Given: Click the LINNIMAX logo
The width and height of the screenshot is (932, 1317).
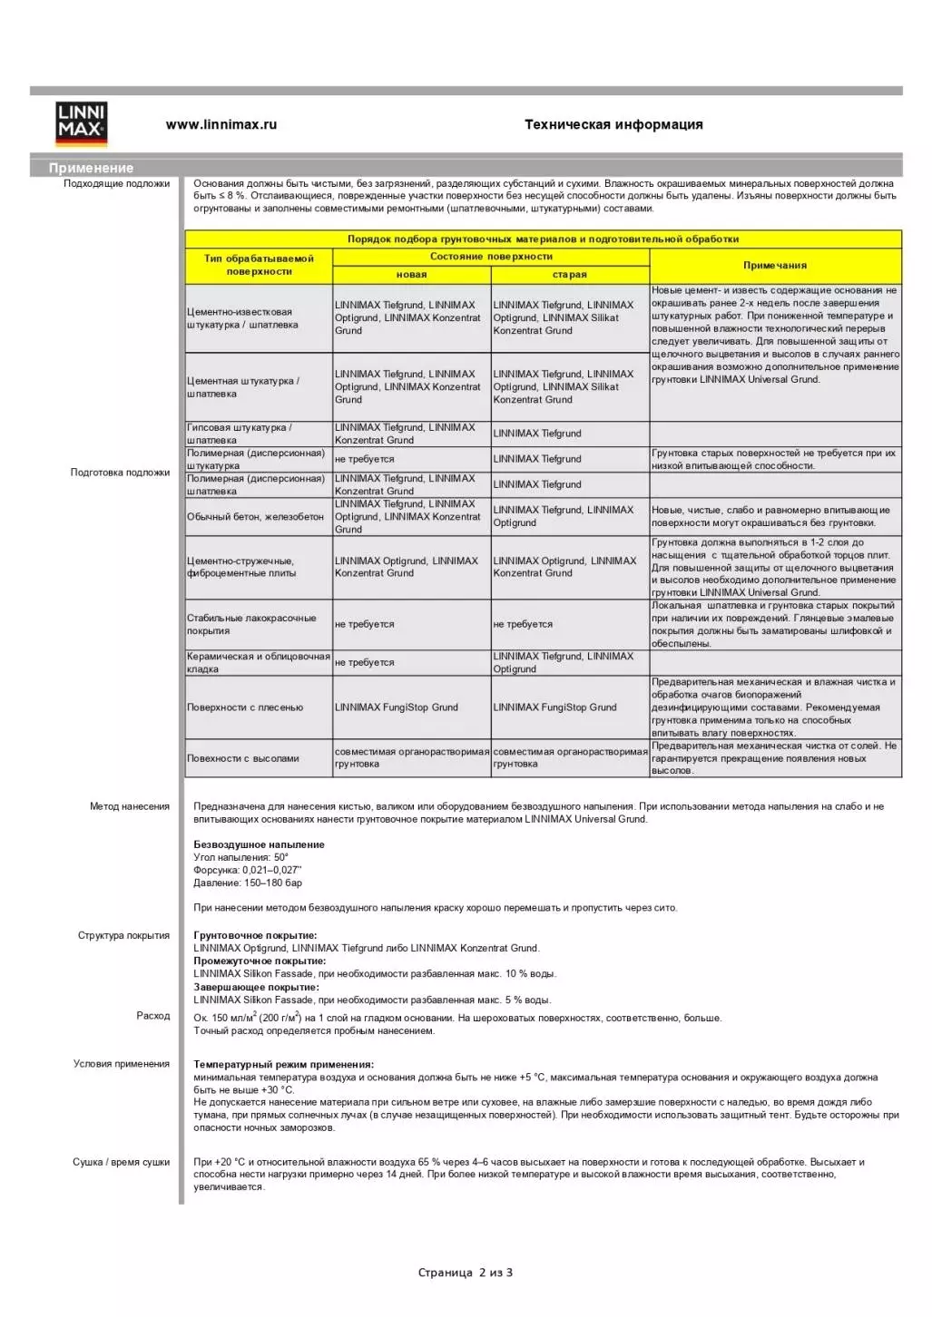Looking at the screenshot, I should (82, 124).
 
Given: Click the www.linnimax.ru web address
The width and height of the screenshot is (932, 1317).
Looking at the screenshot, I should (221, 125).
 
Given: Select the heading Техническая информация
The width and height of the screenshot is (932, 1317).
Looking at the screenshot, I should (613, 125).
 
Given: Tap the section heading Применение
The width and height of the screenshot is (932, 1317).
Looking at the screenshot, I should (91, 168).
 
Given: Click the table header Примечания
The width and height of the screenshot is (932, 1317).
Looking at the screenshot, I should (775, 266).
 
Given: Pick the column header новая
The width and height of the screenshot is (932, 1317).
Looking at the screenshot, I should (411, 275).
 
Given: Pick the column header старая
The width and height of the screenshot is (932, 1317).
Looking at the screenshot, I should (570, 275).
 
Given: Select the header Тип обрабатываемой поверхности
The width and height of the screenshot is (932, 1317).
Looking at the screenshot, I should (259, 265).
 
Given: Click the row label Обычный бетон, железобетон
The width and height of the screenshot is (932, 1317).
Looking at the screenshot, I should (255, 517).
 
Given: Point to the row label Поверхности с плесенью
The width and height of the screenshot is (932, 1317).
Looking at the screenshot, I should (245, 707).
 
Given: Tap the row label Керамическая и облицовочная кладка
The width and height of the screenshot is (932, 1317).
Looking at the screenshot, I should (258, 662).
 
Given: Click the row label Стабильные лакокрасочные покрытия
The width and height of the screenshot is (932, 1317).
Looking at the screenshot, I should (251, 624).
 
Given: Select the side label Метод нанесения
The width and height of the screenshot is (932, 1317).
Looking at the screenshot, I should (130, 806).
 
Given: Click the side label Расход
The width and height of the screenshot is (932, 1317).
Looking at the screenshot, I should (153, 1016).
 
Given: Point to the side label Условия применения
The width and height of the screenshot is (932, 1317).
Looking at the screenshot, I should (122, 1064).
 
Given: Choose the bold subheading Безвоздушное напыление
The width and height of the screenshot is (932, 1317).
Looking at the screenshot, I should (259, 844).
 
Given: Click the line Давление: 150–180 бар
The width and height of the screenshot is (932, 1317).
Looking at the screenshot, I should (248, 883).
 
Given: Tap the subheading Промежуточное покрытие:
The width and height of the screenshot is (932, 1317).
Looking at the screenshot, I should (260, 961).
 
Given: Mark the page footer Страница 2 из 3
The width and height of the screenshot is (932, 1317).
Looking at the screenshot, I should (466, 1273).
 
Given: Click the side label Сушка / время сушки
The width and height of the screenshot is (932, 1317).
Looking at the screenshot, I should (122, 1162).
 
